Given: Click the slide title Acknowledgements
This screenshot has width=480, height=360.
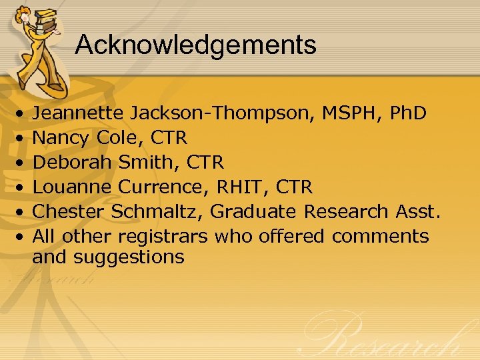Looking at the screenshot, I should (195, 45).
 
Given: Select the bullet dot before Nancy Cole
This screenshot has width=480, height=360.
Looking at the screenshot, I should (21, 139).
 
